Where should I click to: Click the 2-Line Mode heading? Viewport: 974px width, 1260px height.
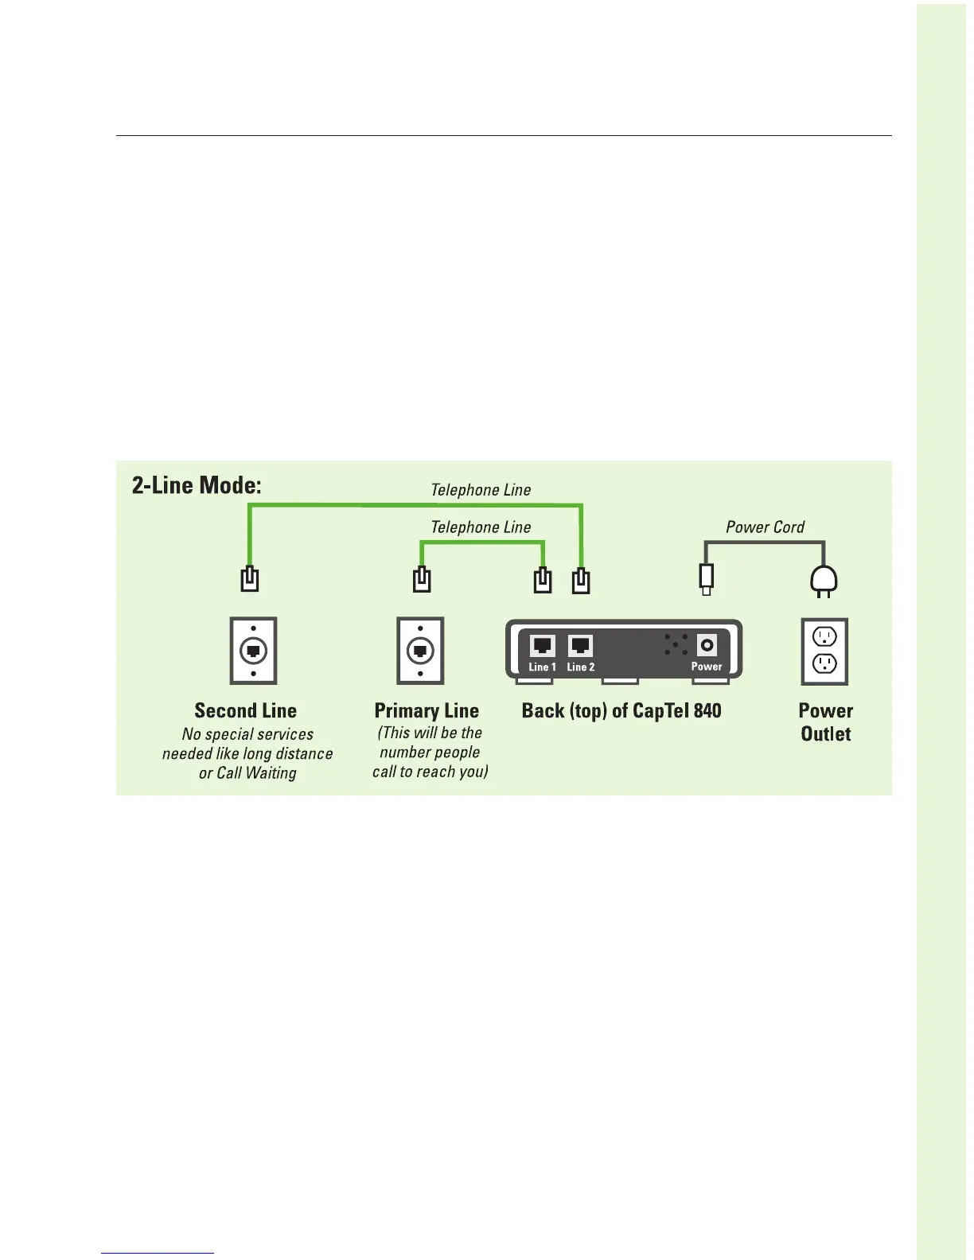tap(197, 484)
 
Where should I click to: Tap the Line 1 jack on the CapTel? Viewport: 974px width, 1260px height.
tap(542, 645)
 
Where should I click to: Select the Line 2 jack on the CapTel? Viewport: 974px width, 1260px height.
tap(580, 645)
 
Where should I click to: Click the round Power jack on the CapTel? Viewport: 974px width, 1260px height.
tap(707, 644)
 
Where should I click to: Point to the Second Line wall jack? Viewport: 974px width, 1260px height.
tap(253, 651)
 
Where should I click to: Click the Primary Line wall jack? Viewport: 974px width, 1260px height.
tap(420, 651)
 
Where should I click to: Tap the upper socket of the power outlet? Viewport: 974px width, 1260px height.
tap(824, 636)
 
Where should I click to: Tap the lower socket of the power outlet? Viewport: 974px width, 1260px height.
tap(824, 663)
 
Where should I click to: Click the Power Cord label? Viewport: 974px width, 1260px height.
tap(765, 527)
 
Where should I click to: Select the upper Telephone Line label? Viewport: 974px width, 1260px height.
tap(481, 490)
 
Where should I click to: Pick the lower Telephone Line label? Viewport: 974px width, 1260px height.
tap(481, 527)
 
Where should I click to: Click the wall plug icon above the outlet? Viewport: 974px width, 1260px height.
tap(824, 581)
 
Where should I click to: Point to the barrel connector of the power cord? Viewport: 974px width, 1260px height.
tap(706, 578)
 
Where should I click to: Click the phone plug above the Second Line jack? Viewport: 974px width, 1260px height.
tap(250, 578)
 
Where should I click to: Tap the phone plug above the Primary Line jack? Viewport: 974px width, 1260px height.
tap(422, 579)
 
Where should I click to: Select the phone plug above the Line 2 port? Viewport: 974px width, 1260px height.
tap(581, 580)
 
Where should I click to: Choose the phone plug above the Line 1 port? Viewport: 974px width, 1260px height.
tap(543, 579)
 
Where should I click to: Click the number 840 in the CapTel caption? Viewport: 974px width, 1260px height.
tap(707, 710)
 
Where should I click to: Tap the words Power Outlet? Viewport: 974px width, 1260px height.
tap(825, 722)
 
